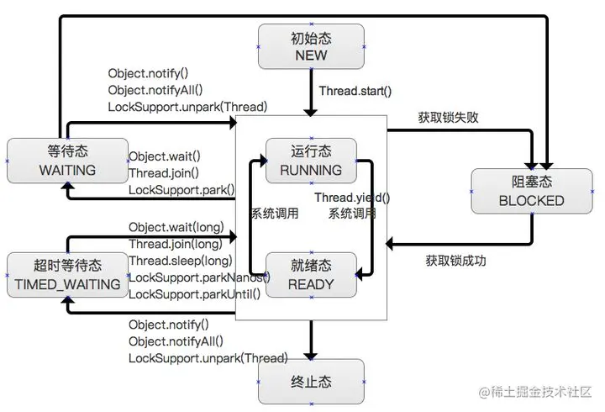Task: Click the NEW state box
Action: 311,46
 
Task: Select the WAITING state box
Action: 67,161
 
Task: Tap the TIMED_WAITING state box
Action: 67,275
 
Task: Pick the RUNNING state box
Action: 311,161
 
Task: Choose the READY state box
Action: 311,275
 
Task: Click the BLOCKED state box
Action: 531,191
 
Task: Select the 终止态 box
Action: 311,383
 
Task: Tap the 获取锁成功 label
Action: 455,260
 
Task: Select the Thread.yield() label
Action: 352,197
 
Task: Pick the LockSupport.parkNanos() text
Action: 199,277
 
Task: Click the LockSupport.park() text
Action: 181,190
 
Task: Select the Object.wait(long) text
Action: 176,227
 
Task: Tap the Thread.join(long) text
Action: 175,244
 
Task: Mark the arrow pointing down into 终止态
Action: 311,340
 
